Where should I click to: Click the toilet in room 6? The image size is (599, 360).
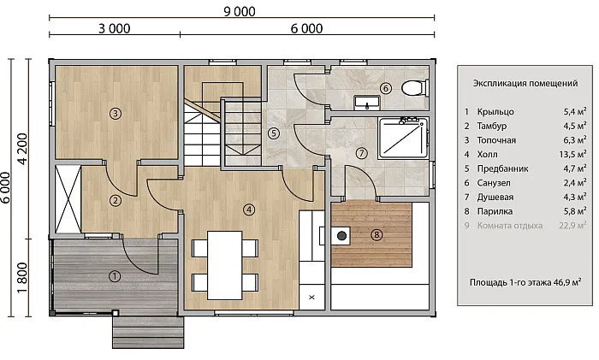[x=412, y=88]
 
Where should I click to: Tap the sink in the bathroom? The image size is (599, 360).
[x=367, y=103]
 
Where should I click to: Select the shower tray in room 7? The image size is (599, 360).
[x=403, y=139]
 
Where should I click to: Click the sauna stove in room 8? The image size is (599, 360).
[x=341, y=236]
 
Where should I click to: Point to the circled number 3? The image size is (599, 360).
[x=115, y=113]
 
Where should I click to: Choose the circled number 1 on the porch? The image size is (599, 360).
[x=115, y=276]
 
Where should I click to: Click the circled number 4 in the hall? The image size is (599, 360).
[x=249, y=210]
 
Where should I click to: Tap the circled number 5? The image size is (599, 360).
[x=274, y=133]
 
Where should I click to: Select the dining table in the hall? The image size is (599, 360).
[x=224, y=265]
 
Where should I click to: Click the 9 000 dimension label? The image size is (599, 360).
[x=240, y=11]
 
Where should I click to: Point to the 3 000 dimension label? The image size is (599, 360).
[x=114, y=28]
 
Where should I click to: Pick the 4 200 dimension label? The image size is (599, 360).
[x=22, y=149]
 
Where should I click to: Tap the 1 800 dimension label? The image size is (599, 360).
[x=22, y=278]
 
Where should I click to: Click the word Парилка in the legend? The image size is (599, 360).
[x=495, y=211]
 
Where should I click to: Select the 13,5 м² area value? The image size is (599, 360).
[x=573, y=154]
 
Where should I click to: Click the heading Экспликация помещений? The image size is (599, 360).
[x=525, y=83]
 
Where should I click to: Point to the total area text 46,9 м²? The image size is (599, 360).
[x=567, y=282]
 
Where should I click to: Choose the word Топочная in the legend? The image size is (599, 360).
[x=496, y=140]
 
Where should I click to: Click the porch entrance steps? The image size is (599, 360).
[x=148, y=332]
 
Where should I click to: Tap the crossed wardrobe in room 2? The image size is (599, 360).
[x=68, y=199]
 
